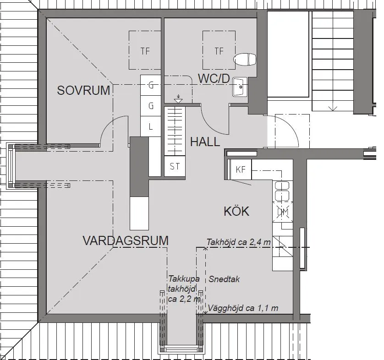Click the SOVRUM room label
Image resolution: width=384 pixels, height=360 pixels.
[x=83, y=91]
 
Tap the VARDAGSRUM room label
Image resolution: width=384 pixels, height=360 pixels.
[x=125, y=240]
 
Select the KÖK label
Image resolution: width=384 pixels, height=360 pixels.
[x=236, y=211]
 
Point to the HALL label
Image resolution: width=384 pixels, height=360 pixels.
[x=205, y=142]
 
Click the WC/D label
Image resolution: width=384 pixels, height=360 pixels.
[x=214, y=79]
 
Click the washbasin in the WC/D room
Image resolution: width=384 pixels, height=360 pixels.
[x=239, y=87]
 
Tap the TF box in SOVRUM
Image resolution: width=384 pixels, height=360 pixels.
[x=145, y=50]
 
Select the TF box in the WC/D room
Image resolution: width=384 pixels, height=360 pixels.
[x=219, y=50]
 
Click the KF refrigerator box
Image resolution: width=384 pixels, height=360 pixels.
[x=241, y=170]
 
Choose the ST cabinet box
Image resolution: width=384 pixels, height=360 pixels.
[x=175, y=167]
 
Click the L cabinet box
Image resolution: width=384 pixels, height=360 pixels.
[x=150, y=127]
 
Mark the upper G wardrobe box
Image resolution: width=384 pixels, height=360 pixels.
[x=150, y=85]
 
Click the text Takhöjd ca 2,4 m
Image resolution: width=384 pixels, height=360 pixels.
[x=238, y=241]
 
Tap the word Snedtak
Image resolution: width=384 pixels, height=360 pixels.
[x=224, y=279]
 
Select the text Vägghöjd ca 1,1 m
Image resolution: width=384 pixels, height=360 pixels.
[x=243, y=308]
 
